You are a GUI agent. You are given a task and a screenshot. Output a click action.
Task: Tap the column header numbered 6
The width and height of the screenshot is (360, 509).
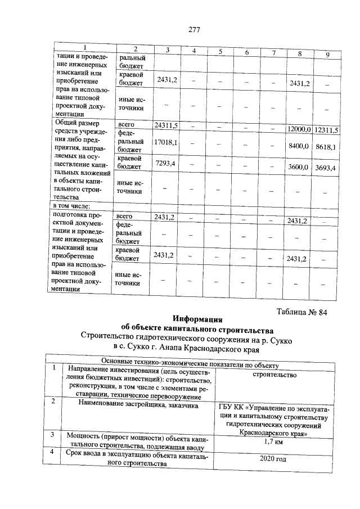tap(246, 52)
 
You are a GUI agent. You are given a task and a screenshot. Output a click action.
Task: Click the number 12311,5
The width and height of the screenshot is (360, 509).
tap(326, 130)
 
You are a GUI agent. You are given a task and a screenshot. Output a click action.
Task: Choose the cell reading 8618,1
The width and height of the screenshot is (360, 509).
tap(326, 147)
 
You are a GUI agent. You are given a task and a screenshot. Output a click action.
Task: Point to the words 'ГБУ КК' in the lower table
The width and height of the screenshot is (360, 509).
tap(232, 407)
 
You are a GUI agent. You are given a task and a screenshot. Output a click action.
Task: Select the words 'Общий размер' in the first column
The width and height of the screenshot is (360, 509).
tap(75, 122)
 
